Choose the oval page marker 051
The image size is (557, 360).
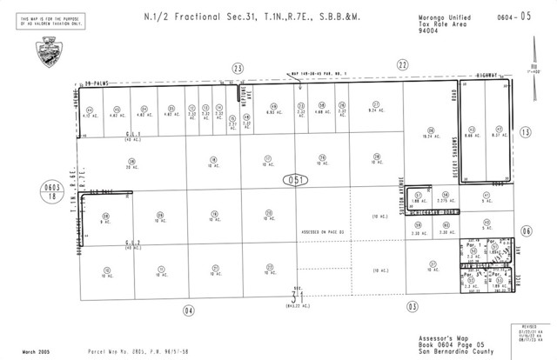click(x=296, y=180)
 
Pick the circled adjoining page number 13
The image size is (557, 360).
click(x=525, y=131)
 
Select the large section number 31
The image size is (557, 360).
click(x=297, y=297)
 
